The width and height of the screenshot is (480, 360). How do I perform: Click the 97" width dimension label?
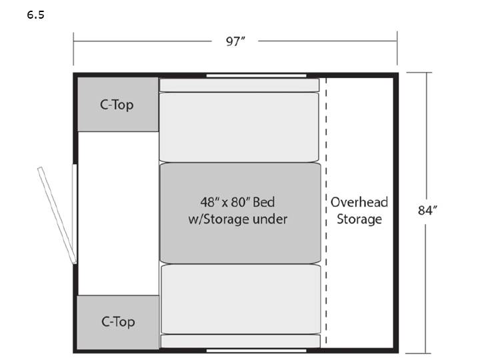(x=235, y=41)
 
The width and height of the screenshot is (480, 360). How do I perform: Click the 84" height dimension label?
(x=427, y=210)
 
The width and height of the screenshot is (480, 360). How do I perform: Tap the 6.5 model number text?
(x=35, y=15)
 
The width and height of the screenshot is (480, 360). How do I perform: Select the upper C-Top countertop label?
(x=117, y=105)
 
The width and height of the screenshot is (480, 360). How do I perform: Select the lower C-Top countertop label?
(x=118, y=322)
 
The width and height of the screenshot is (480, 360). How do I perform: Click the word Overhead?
(x=359, y=203)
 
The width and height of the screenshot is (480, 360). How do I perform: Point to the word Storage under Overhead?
(x=359, y=219)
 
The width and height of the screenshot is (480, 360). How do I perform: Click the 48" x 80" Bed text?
(x=237, y=202)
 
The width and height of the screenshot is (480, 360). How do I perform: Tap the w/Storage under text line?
(x=238, y=219)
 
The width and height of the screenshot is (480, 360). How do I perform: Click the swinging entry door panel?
(x=57, y=215)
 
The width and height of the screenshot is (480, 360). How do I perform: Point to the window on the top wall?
(x=256, y=75)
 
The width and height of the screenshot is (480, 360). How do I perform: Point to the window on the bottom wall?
(x=257, y=350)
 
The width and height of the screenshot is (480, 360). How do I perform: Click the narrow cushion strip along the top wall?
(x=239, y=85)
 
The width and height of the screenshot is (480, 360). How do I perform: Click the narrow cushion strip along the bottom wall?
(x=241, y=341)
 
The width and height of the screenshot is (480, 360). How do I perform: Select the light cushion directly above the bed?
(x=239, y=127)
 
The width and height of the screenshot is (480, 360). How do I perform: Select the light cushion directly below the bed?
(x=241, y=299)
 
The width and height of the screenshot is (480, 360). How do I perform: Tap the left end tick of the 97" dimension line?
(x=73, y=49)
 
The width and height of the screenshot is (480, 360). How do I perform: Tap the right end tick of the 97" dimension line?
(x=397, y=48)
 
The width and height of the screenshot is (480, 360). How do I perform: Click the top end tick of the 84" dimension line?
(x=419, y=73)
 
